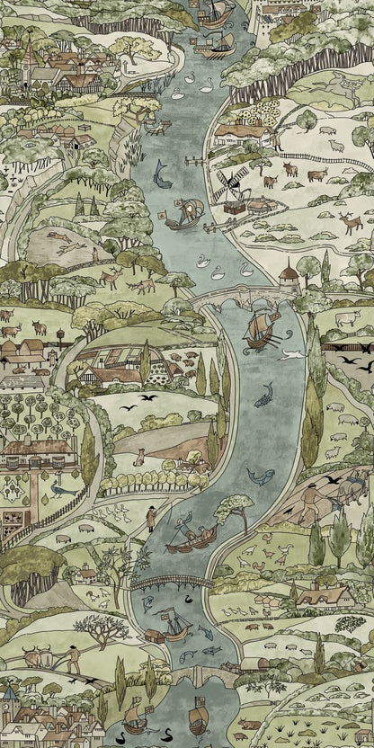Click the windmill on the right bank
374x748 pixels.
click(x=228, y=184)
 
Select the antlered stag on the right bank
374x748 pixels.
click(x=350, y=221)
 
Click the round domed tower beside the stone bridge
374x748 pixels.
click(x=289, y=273)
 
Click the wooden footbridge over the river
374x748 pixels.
click(x=171, y=583)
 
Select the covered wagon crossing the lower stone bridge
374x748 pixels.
click(x=251, y=664)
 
